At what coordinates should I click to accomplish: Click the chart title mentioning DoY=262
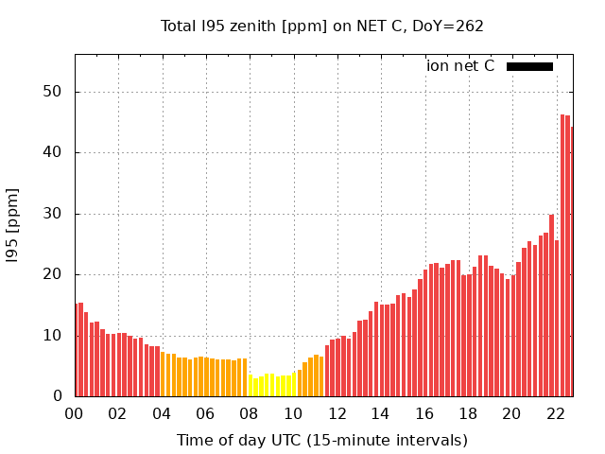tap(321, 26)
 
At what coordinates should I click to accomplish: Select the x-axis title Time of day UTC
tap(321, 440)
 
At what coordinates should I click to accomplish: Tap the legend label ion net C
tap(460, 66)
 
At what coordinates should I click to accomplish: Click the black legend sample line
tap(529, 66)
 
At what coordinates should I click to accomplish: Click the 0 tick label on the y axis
tap(59, 396)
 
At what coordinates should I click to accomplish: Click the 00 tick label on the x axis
tap(74, 413)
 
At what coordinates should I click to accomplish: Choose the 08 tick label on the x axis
tap(250, 413)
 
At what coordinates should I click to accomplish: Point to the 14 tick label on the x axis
tap(381, 413)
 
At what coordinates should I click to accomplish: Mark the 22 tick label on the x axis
tap(556, 413)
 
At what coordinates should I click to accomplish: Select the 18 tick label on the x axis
tap(468, 413)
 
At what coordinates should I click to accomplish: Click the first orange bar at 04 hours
tap(163, 375)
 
